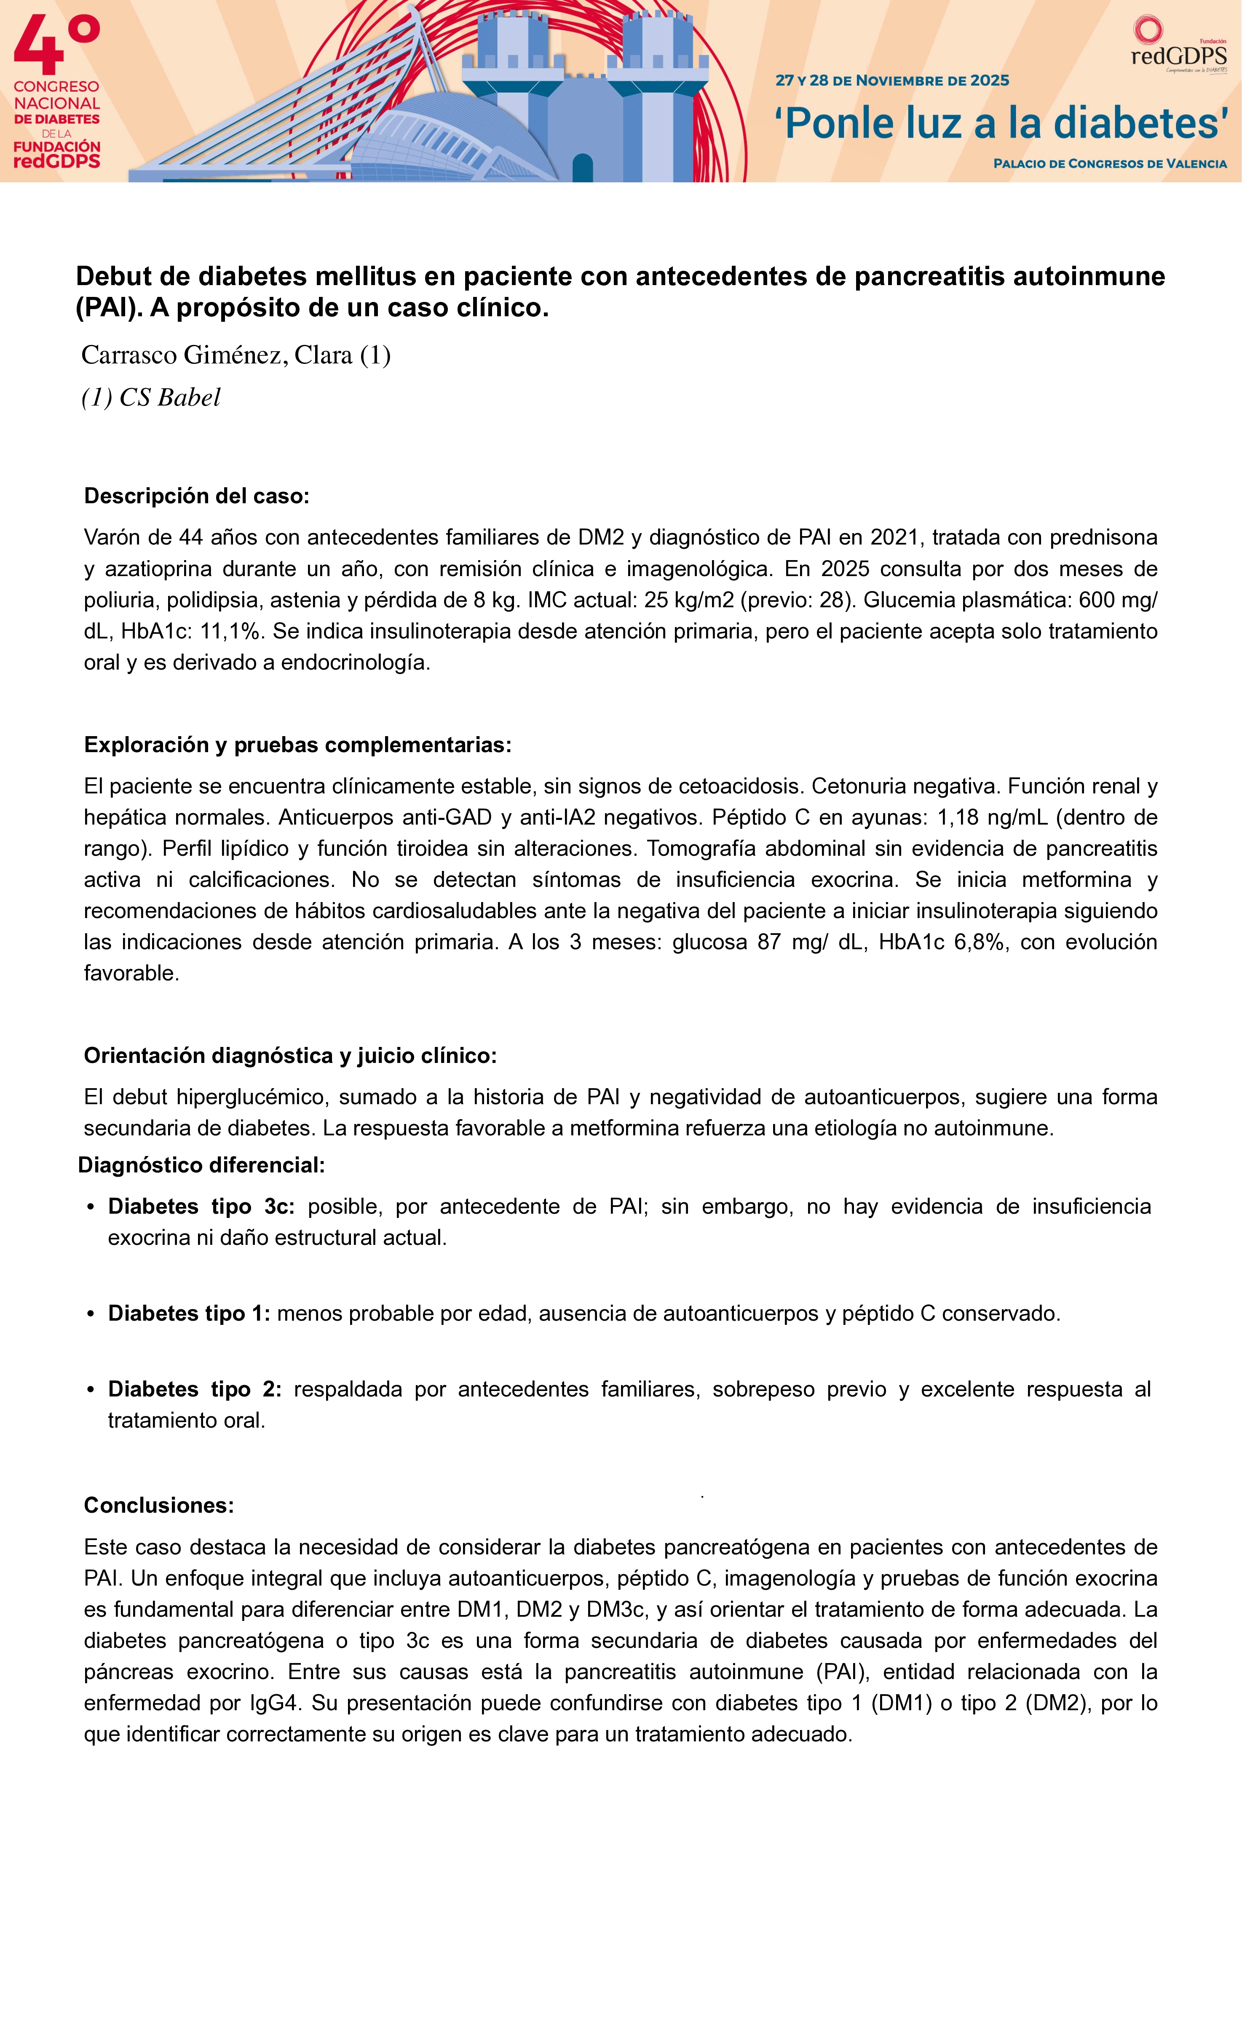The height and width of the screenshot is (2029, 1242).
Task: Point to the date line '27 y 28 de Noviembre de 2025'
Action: (x=892, y=81)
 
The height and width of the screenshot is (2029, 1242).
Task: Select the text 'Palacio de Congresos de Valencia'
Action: (x=1109, y=164)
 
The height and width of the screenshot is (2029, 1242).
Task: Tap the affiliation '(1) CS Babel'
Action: (x=151, y=398)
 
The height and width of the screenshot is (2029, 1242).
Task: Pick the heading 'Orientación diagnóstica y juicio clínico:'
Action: (x=290, y=1056)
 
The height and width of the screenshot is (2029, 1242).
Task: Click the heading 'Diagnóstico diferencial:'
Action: (x=201, y=1165)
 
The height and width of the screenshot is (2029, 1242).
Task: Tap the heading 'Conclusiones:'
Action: (x=159, y=1505)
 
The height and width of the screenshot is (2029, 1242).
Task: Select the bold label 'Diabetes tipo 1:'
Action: (x=189, y=1314)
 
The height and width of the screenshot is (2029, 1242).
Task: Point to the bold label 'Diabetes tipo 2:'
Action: (x=194, y=1389)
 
